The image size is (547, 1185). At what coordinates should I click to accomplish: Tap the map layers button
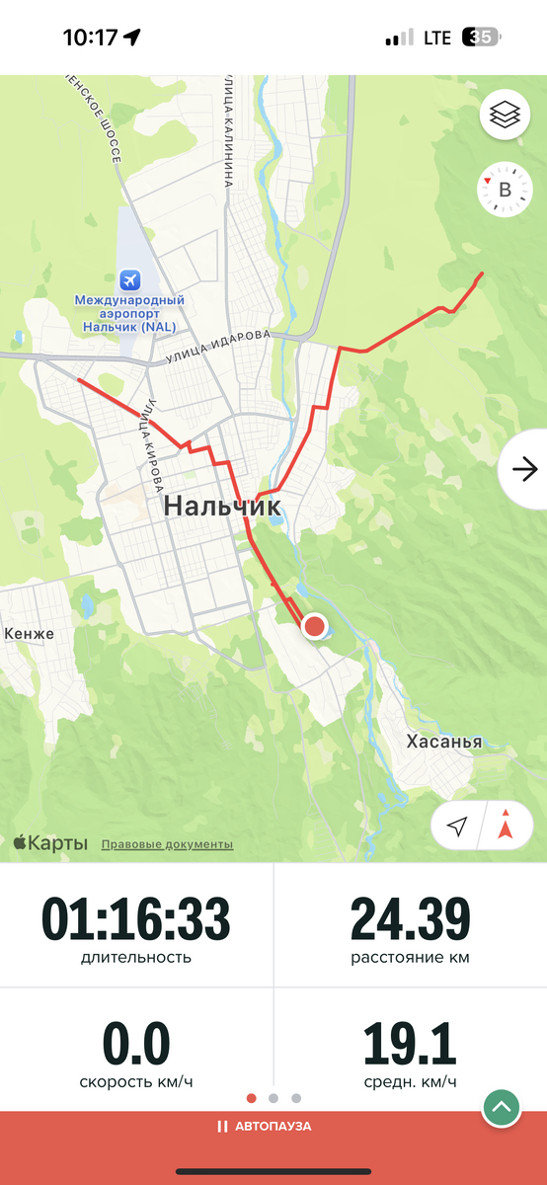pos(505,117)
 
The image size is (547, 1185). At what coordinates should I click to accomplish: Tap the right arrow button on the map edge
pos(523,469)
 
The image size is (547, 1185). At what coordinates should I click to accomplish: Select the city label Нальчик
pos(222,507)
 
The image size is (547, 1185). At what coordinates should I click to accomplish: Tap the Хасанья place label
pos(444,742)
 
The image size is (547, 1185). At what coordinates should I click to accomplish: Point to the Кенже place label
pos(30,633)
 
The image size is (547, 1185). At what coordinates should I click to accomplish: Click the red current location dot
pos(315,626)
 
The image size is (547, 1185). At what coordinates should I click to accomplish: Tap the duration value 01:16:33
pos(136,919)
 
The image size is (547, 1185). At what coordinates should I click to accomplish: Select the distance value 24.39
pos(410,919)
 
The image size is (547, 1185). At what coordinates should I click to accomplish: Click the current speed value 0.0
pos(136,1044)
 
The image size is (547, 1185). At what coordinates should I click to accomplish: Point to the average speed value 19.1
pos(410,1044)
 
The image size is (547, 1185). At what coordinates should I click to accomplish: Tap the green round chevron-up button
pos(502,1107)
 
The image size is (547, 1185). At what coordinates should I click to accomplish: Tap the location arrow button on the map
pos(456,827)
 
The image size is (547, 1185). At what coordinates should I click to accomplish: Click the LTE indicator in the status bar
pos(437,39)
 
